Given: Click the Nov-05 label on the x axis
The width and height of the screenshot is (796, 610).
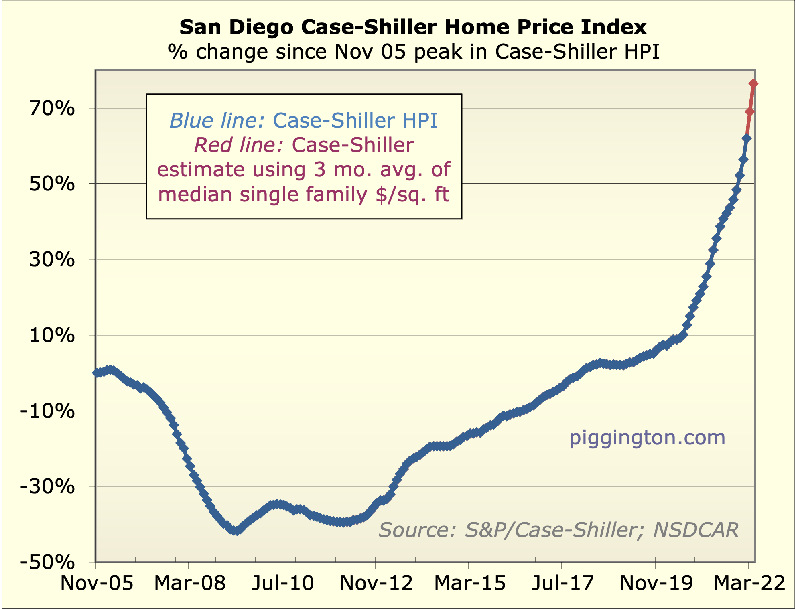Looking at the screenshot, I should [96, 583].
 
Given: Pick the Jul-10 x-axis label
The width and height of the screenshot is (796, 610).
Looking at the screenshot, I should [282, 583].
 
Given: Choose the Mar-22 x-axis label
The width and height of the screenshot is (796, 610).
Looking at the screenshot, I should [749, 583].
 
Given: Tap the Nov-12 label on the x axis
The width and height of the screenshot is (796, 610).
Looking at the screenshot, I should [376, 583].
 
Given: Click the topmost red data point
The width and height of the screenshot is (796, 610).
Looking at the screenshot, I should [753, 83].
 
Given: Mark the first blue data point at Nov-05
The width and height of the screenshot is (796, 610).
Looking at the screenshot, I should [96, 373].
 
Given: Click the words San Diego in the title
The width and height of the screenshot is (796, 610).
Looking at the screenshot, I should [238, 27].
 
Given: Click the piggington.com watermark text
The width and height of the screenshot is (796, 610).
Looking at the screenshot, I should [647, 438].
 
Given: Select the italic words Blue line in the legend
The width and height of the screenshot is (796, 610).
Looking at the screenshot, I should [217, 120].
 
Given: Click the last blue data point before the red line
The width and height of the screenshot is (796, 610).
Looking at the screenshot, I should [747, 138].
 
